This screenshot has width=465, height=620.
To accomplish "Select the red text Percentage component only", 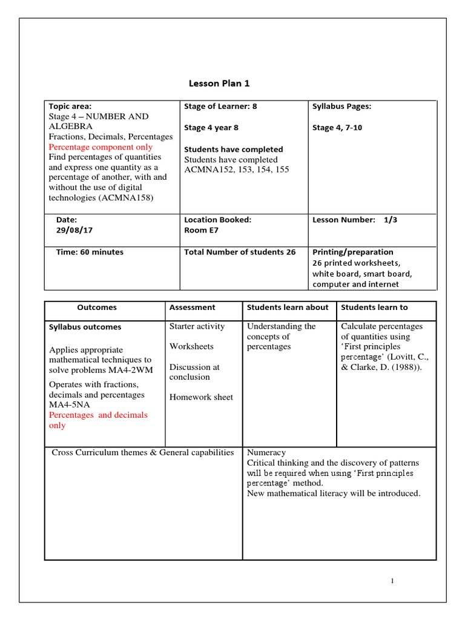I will click(x=101, y=147).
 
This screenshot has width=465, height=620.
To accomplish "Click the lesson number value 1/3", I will click(x=391, y=220).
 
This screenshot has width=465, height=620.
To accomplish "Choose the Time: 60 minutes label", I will click(x=90, y=252).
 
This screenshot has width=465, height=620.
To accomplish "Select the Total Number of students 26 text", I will click(x=240, y=252).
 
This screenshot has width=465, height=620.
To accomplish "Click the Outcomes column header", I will click(x=97, y=308).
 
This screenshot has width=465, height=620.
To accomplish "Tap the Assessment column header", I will click(x=192, y=308).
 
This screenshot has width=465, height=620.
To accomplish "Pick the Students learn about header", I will click(x=288, y=308).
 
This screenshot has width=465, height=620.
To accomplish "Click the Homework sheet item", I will click(x=201, y=397).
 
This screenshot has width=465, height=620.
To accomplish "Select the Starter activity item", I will click(x=197, y=326).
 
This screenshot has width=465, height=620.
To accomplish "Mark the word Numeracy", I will click(x=266, y=452).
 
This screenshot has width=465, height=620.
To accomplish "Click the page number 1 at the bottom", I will click(x=392, y=581).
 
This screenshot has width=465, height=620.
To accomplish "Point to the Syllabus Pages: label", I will click(x=341, y=107).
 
